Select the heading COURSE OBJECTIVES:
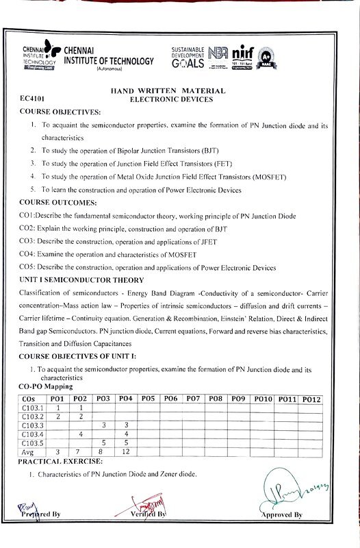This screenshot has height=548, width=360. point(60,111)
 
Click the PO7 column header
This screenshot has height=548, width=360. point(193,399)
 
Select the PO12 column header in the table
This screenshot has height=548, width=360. point(311,399)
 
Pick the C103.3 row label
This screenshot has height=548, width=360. point(32,425)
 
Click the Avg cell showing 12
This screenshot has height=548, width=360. point(125,452)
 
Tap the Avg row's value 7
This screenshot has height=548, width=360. point(81,452)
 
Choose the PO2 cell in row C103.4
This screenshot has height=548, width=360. point(81,434)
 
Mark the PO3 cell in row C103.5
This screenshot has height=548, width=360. point(103,443)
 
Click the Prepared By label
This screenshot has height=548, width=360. point(40,514)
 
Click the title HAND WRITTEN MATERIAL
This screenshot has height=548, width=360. point(168,91)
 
